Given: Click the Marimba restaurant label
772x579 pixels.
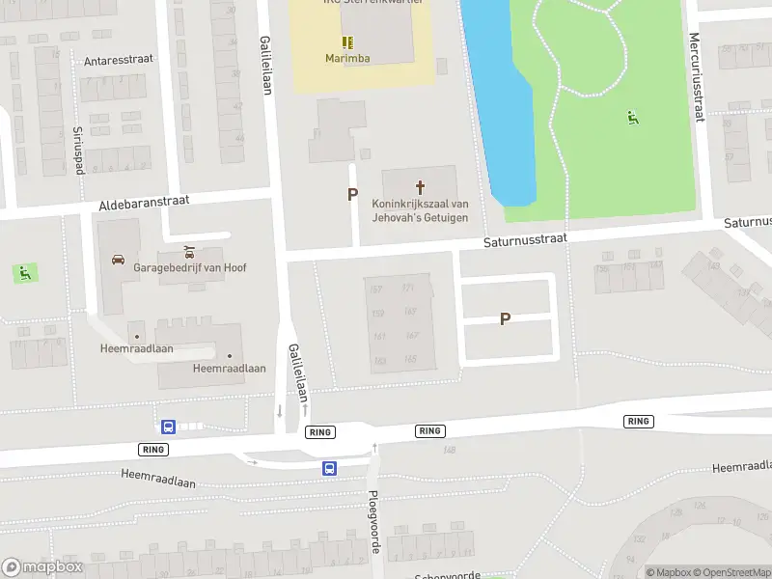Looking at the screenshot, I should pos(346,58).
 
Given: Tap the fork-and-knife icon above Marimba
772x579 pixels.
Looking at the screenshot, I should pos(346,41).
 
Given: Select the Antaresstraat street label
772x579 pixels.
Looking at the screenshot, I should pos(119,60).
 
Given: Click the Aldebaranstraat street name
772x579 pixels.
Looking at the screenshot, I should pos(144,202).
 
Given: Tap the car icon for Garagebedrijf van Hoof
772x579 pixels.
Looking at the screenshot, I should pos(118,260).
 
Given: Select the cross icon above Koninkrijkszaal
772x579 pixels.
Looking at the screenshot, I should pos(420,186).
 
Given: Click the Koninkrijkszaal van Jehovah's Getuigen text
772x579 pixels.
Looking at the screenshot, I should pos(420,210).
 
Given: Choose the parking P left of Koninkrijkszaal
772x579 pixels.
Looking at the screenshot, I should pos(352,194).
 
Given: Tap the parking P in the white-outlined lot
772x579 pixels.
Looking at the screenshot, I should pos(505,318).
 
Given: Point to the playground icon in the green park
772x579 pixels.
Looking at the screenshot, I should pos(632,118).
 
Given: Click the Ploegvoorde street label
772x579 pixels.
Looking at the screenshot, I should pos(374,521).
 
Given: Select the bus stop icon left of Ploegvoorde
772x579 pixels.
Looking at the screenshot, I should pos(329,468).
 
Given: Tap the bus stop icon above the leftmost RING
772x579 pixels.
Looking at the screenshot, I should pos(168,427).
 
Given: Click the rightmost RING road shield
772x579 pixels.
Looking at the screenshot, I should pos(638,421).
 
